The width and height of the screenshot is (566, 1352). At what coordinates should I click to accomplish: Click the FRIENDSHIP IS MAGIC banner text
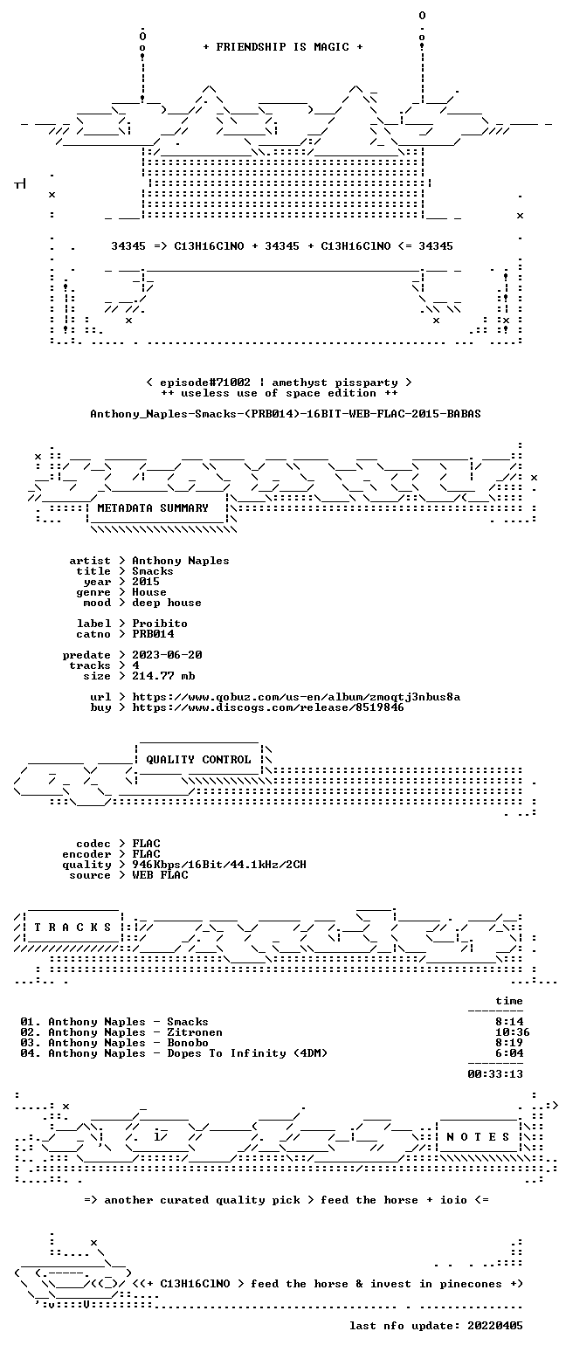[x=283, y=47]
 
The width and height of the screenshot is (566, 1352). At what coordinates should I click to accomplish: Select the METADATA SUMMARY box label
[x=153, y=508]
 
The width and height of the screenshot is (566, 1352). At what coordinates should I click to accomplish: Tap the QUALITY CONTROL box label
[x=198, y=760]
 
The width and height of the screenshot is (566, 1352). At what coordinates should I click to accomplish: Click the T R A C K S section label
[x=73, y=927]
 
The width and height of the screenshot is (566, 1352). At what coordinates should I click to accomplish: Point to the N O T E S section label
[x=478, y=1136]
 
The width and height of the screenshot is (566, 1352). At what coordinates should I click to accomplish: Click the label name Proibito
[x=160, y=624]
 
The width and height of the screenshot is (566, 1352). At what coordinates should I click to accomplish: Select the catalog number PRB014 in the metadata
[x=153, y=634]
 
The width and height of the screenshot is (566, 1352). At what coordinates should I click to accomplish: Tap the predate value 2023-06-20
[x=167, y=655]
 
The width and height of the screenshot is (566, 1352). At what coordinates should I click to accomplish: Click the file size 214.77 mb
[x=163, y=676]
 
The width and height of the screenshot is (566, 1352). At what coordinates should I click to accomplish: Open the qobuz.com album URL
[x=296, y=697]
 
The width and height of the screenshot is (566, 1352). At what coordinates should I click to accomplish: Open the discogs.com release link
[x=268, y=707]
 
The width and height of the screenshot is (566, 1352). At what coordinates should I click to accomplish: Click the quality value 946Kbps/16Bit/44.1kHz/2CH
[x=219, y=865]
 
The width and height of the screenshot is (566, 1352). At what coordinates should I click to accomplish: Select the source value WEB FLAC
[x=160, y=875]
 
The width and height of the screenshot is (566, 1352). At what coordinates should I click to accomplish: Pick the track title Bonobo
[x=188, y=1043]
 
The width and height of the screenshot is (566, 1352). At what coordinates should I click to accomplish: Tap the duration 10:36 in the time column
[x=513, y=1032]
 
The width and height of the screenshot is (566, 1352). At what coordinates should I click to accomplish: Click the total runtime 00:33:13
[x=495, y=1074]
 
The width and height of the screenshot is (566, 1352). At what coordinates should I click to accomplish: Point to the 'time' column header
[x=509, y=1001]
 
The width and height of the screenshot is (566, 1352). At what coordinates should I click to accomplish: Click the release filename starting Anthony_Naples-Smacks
[x=286, y=414]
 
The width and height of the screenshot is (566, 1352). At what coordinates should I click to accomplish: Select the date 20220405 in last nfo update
[x=495, y=1326]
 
